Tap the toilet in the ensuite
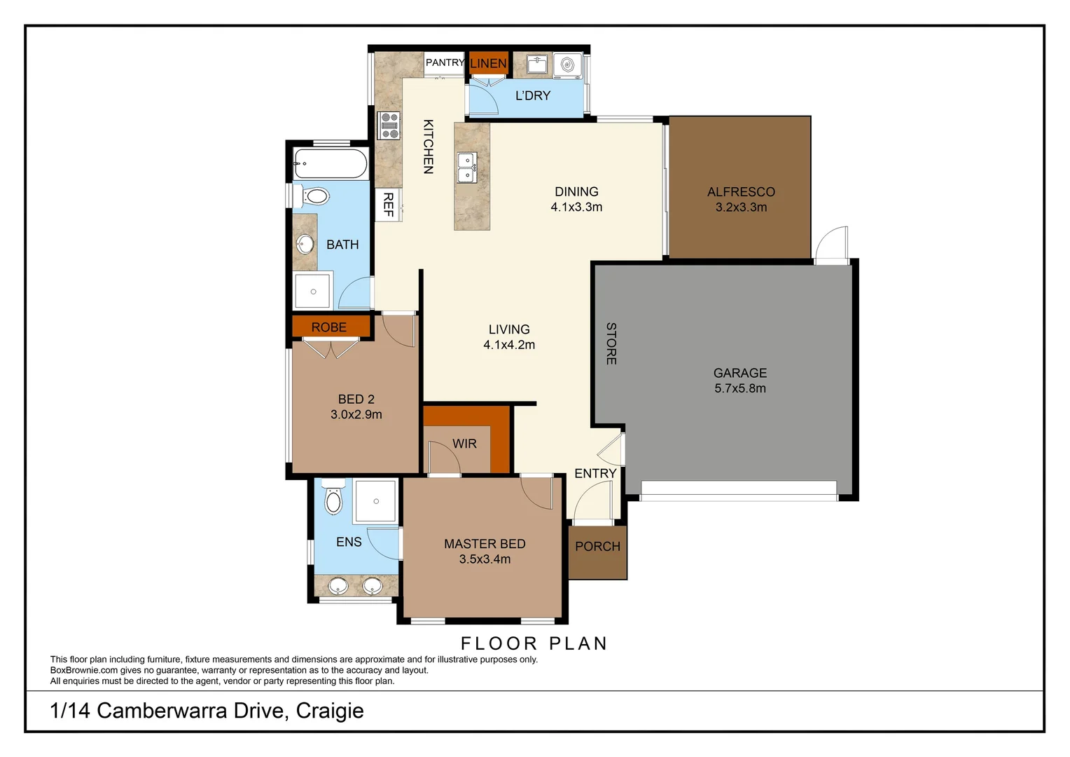tap(333, 498)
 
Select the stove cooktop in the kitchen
tap(389, 125)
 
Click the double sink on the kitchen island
tap(467, 168)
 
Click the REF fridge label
tap(389, 204)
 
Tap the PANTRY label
tap(445, 62)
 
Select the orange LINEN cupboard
tap(488, 63)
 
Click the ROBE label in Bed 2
tap(329, 327)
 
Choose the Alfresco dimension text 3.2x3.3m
tap(741, 207)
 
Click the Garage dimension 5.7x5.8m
tap(740, 388)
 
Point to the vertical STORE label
tap(611, 343)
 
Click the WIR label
tap(464, 444)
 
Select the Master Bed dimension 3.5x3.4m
tap(485, 559)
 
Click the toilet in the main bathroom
tap(317, 196)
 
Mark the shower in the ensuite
tap(376, 501)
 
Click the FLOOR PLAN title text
tap(534, 643)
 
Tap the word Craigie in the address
tap(330, 711)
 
